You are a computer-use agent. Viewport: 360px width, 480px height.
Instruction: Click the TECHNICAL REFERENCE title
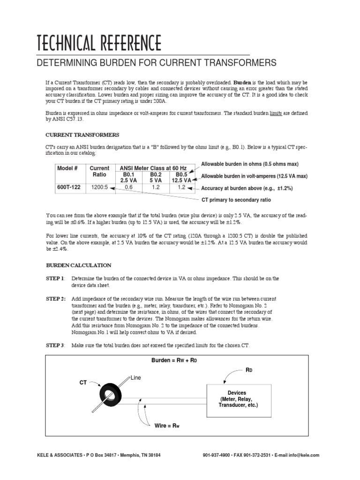pos(99,43)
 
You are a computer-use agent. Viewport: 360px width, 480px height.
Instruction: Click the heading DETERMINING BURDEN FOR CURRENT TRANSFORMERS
pos(157,63)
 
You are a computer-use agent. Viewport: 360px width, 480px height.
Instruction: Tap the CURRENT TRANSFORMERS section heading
pos(79,135)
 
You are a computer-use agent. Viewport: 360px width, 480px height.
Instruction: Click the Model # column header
pos(67,168)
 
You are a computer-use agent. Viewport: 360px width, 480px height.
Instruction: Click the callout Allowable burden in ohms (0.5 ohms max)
pos(249,164)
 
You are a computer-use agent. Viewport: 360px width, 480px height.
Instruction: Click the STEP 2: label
pos(56,299)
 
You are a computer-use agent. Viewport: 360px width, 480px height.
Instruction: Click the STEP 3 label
pos(55,345)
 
